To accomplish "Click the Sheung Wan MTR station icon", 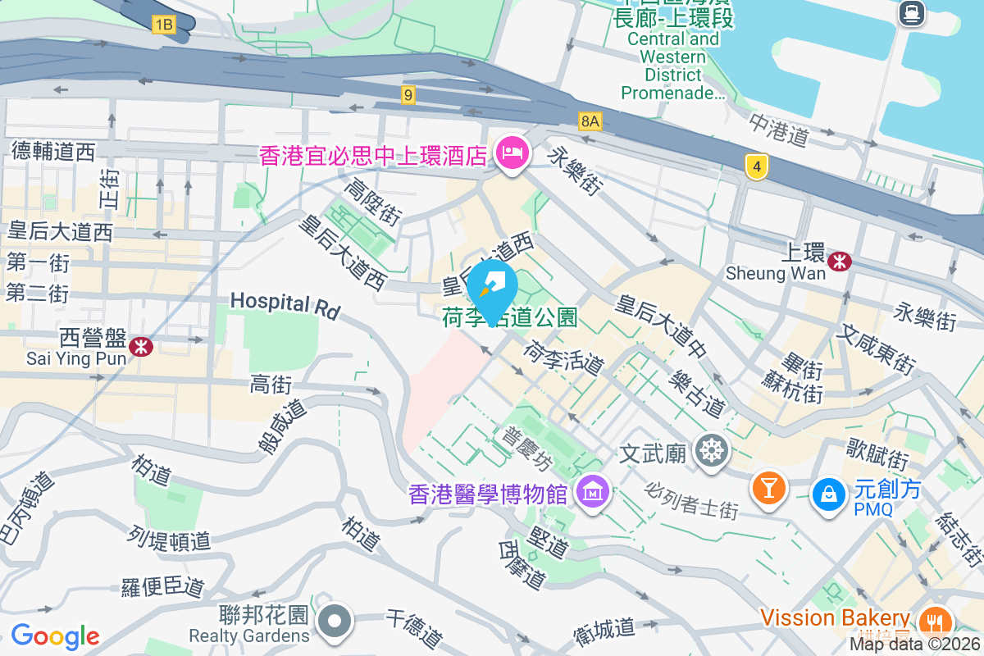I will click(x=839, y=262).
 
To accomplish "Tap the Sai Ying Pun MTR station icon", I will click(x=141, y=347).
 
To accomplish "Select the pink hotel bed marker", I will click(x=512, y=153).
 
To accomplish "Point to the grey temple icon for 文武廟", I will click(x=710, y=450).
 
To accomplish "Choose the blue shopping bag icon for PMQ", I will click(x=829, y=494).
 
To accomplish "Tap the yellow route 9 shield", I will click(x=408, y=95).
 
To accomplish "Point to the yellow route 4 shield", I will click(x=757, y=167).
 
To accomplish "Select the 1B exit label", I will click(x=163, y=25).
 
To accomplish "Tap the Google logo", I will click(x=55, y=635).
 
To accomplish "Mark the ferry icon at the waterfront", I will click(x=911, y=12).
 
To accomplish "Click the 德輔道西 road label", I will click(x=54, y=151).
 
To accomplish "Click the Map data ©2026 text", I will click(x=915, y=645).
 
